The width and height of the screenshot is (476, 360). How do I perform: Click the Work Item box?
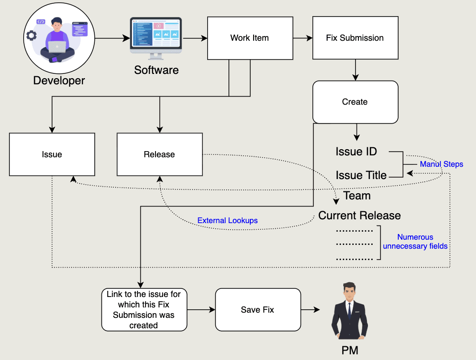click(x=249, y=38)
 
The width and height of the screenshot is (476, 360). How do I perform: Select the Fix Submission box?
click(x=355, y=38)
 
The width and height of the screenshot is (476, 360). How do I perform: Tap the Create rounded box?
click(x=355, y=102)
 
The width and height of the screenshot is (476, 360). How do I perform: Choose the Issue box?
click(x=52, y=154)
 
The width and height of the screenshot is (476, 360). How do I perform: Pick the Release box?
click(x=159, y=154)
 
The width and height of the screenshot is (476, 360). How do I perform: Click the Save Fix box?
click(x=257, y=310)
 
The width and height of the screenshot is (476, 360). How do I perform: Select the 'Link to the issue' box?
click(x=144, y=310)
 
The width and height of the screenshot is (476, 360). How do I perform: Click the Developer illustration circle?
click(x=59, y=39)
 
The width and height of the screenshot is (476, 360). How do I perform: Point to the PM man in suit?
click(x=349, y=313)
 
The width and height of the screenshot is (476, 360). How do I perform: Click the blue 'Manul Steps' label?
click(x=441, y=164)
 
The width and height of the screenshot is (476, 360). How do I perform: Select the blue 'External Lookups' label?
click(x=228, y=221)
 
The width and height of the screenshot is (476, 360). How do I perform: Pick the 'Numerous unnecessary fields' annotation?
click(x=415, y=242)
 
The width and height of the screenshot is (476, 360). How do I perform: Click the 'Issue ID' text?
click(x=356, y=152)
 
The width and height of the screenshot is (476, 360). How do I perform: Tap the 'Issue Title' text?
click(x=361, y=175)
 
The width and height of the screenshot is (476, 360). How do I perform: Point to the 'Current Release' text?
click(x=359, y=216)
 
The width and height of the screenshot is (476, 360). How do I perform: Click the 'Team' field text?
click(x=357, y=196)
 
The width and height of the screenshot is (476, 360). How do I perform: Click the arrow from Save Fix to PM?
click(x=311, y=310)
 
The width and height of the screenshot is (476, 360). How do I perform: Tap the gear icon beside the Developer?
click(x=31, y=35)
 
